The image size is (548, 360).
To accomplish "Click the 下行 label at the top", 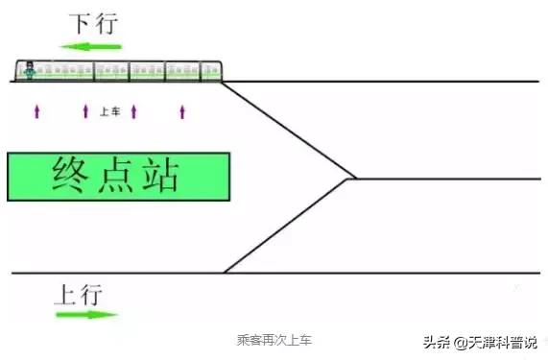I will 94,22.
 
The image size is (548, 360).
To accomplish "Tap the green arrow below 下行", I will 90,46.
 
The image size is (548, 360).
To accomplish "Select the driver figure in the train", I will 32,70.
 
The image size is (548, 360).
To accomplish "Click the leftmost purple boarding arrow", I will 36,111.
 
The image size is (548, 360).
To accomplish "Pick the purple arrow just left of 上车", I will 85,111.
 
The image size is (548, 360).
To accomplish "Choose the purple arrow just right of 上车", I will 133,111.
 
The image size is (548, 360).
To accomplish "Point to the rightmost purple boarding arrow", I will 181,111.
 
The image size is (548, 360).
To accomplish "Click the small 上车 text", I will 108,111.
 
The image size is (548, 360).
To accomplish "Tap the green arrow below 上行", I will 86,314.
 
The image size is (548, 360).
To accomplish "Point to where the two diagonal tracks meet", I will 351,179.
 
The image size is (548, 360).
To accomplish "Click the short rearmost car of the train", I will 212,70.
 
